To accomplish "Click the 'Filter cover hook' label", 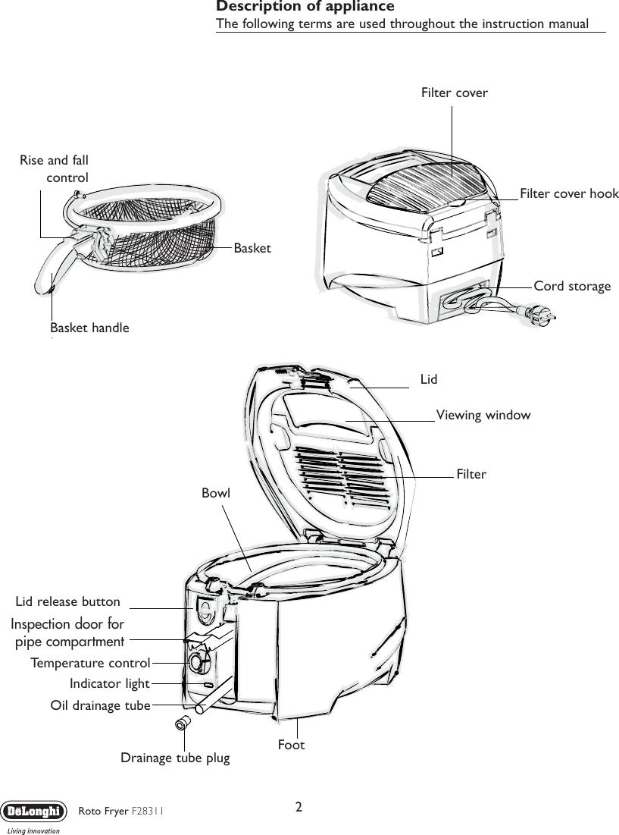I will coord(569,193).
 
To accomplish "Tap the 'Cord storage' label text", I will coord(572,286).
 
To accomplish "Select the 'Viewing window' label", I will coord(483,415).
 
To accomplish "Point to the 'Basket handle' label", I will coord(89,328).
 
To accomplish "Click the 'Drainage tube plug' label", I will coord(175,757).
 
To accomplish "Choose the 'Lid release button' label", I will coord(68,601).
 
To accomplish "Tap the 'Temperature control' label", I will coord(90,663).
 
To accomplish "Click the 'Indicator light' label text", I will coord(109,684).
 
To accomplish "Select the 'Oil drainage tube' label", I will coord(100,705).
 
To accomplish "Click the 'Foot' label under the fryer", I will coord(291,745).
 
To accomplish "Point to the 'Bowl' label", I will coord(216,493).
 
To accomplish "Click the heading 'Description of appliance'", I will coord(305,7).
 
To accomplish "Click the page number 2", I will coord(300,806).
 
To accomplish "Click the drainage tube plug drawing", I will coord(183,722).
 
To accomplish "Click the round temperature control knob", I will coord(198,662).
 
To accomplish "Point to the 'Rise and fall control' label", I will coord(54,168).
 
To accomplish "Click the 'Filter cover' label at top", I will coord(454,93).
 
